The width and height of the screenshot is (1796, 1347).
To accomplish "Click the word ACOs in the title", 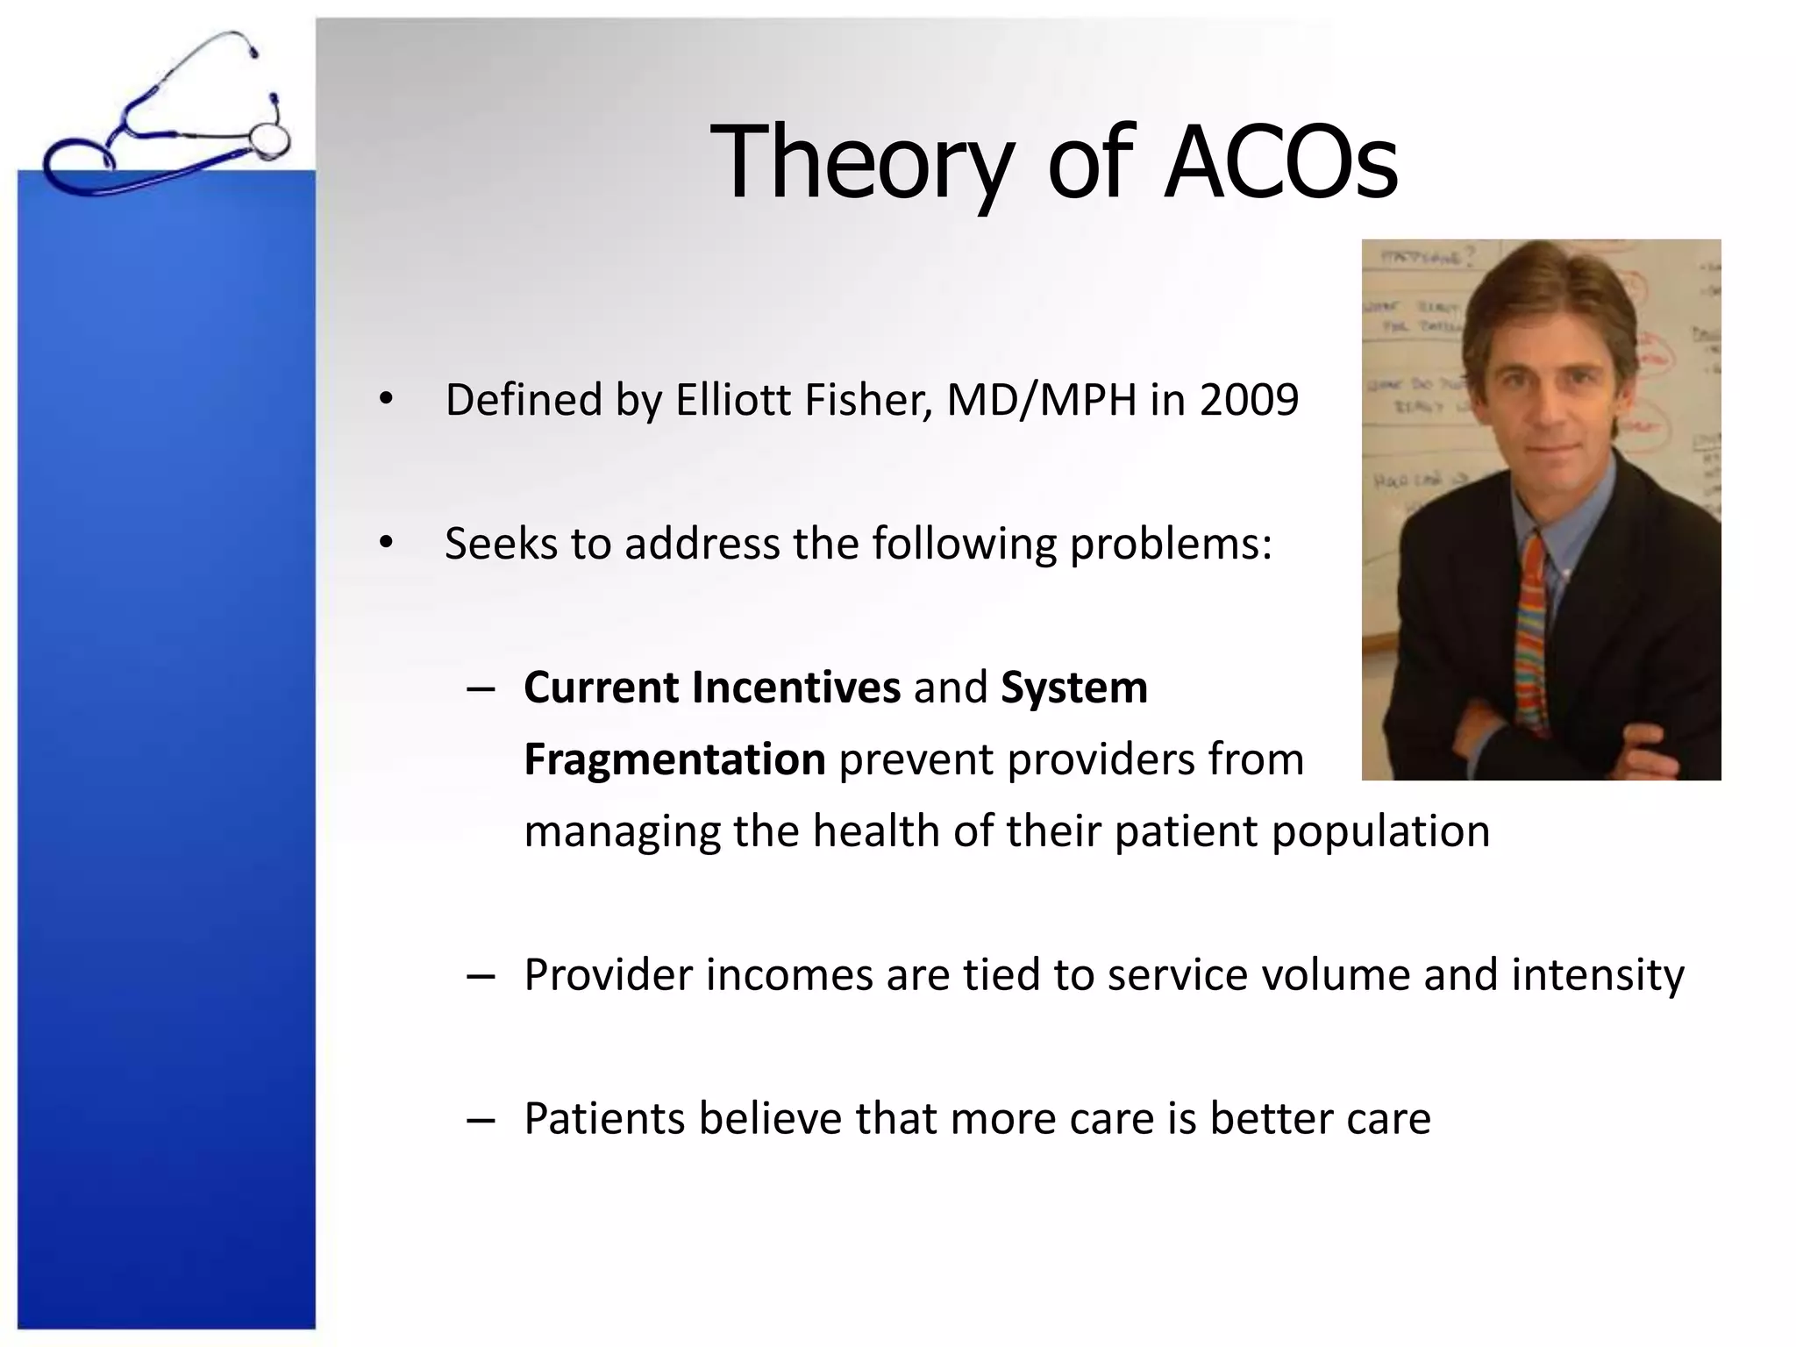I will click(1279, 163).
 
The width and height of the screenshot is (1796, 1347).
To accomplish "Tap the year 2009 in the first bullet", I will click(1249, 400).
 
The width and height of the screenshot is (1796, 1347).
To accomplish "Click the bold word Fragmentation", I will click(674, 759).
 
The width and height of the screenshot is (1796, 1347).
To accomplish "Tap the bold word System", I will click(1074, 688).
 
